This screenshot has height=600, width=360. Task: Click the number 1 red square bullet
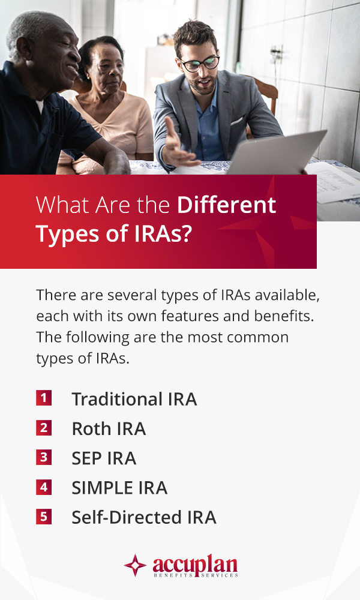(44, 398)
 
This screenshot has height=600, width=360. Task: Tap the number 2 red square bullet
(44, 428)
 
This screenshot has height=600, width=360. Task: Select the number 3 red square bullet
(44, 457)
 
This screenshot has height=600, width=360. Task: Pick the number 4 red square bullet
(44, 487)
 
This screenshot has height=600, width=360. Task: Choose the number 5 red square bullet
(44, 516)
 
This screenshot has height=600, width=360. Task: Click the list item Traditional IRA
(134, 399)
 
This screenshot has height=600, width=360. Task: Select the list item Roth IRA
(109, 428)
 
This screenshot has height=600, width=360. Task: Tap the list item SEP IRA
(104, 458)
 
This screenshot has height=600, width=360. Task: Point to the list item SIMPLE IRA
(119, 488)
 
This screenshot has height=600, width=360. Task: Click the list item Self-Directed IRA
(144, 517)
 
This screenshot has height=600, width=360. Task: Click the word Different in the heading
(226, 205)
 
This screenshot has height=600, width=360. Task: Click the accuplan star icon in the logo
(135, 565)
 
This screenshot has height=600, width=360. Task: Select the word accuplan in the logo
(195, 563)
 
